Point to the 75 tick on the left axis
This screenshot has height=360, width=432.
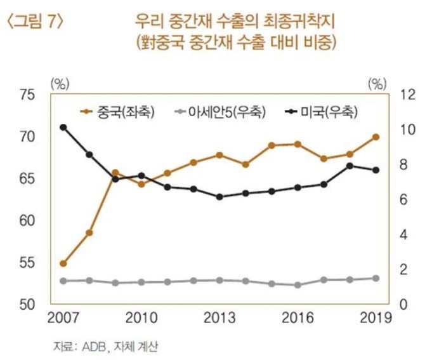pyautogui.click(x=29, y=95)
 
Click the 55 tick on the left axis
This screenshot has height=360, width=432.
pyautogui.click(x=29, y=263)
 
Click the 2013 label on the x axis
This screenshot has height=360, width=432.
pyautogui.click(x=219, y=317)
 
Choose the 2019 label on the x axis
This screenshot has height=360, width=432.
pyautogui.click(x=374, y=317)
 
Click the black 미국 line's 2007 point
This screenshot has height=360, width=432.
pyautogui.click(x=63, y=127)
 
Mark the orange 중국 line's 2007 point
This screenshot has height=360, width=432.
pyautogui.click(x=63, y=263)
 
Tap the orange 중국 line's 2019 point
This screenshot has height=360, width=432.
pyautogui.click(x=376, y=137)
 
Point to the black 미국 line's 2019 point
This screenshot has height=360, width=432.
pyautogui.click(x=376, y=170)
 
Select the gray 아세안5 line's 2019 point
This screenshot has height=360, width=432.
pyautogui.click(x=376, y=278)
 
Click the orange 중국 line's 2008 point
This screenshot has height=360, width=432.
pyautogui.click(x=89, y=233)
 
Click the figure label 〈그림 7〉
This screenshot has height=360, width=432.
pyautogui.click(x=35, y=22)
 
